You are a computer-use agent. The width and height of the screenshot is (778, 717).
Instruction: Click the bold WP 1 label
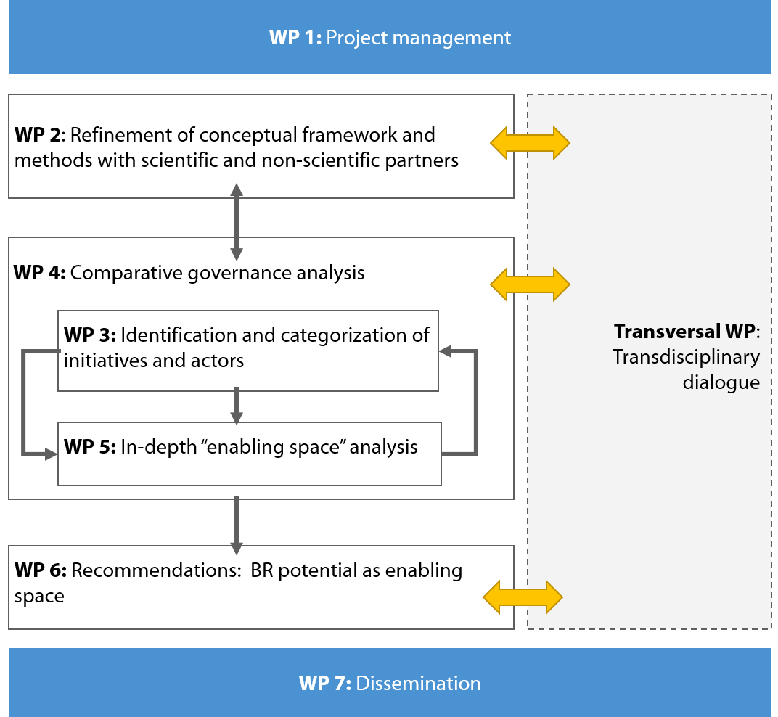coord(295,38)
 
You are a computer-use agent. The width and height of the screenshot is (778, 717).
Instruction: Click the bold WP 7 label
coord(324,684)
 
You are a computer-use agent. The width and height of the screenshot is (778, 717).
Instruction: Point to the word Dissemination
coord(419,684)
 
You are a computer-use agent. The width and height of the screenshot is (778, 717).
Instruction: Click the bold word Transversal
coord(668,332)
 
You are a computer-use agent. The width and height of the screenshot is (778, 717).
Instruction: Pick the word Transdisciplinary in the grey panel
coord(686,357)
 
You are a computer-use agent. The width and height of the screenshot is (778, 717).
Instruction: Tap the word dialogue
coord(721,382)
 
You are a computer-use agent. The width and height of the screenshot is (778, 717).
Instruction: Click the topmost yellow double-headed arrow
coord(530,143)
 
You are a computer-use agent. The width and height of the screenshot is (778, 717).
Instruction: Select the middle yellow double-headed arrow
coord(530,284)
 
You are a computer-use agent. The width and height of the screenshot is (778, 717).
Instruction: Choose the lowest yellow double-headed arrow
coord(523,597)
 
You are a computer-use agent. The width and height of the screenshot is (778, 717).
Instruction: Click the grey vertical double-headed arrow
coord(237,222)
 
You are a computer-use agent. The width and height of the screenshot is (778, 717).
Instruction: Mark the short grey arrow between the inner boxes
coord(237,406)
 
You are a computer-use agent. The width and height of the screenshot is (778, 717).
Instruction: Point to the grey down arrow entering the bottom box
coord(237,526)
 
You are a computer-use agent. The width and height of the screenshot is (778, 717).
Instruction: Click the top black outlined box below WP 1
coord(261,146)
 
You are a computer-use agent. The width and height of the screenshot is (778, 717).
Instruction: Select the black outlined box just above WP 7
coord(261,587)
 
